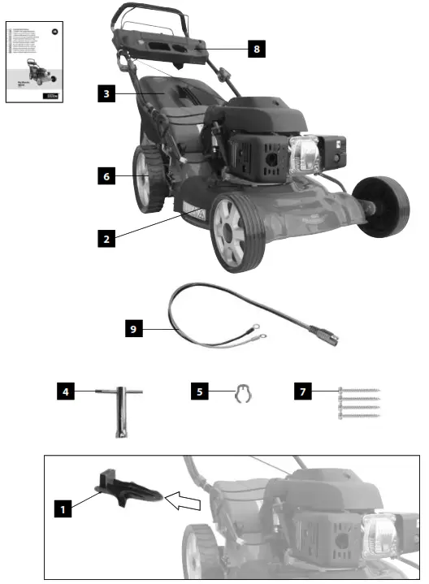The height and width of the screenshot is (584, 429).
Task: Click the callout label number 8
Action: tap(256, 49)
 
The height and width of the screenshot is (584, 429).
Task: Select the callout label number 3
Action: tap(106, 93)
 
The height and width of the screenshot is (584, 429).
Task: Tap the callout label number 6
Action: tap(106, 175)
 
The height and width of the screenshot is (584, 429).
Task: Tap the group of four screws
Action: tap(357, 404)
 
